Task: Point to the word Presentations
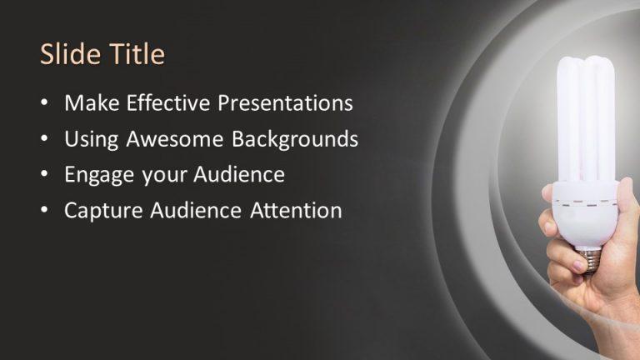coord(285,103)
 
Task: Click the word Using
coord(92,139)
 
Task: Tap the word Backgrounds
coord(295,139)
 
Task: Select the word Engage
coord(93,175)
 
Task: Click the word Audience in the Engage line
coord(239,175)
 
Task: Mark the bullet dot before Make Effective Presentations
coord(45,104)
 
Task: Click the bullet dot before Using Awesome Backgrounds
coord(45,140)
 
